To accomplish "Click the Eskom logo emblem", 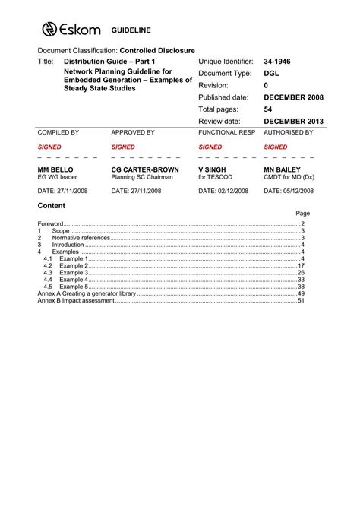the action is pyautogui.click(x=50, y=29).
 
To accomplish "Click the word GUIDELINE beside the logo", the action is pyautogui.click(x=131, y=30).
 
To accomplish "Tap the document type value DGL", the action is pyautogui.click(x=272, y=73).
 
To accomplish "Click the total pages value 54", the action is pyautogui.click(x=268, y=109).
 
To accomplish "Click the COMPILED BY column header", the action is pyautogui.click(x=58, y=132).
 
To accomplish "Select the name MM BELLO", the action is pyautogui.click(x=58, y=169).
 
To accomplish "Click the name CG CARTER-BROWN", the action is pyautogui.click(x=145, y=169).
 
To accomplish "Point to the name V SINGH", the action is pyautogui.click(x=214, y=169).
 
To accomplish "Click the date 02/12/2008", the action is pyautogui.click(x=228, y=192).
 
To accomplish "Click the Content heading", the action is pyautogui.click(x=52, y=206).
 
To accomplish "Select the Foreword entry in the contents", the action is pyautogui.click(x=51, y=224).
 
